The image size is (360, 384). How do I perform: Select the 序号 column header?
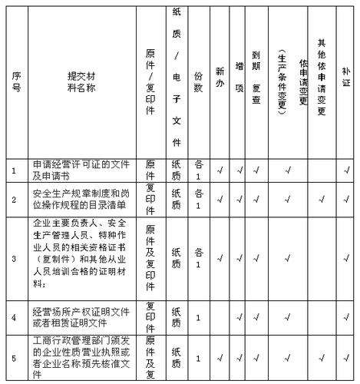tap(16, 78)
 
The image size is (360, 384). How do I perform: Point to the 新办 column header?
tap(220, 78)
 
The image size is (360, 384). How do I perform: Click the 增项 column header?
tap(239, 78)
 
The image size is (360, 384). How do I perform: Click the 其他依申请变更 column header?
tap(322, 78)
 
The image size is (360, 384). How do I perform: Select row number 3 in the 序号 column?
tap(16, 257)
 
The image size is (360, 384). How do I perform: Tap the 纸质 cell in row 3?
tap(176, 257)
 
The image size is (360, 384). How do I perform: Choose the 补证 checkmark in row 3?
tap(345, 257)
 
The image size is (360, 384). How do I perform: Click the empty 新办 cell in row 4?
tap(220, 316)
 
